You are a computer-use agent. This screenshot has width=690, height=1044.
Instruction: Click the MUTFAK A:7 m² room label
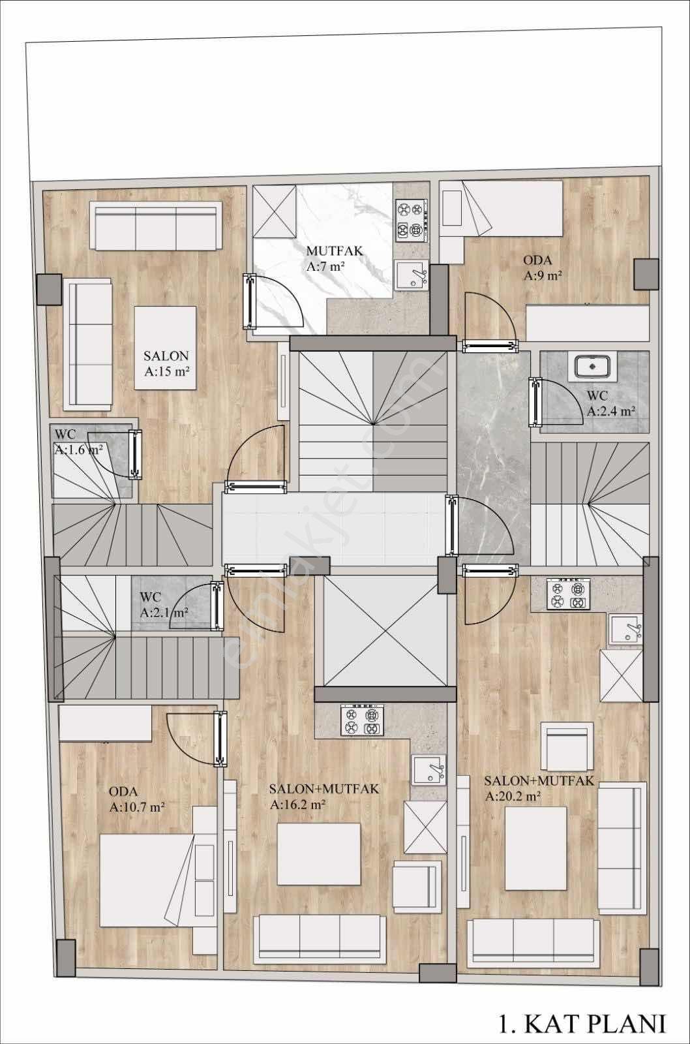coord(333,258)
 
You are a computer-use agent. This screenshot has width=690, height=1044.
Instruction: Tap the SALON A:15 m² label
coord(166,363)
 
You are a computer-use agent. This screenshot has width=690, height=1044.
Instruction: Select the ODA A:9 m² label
coord(543,268)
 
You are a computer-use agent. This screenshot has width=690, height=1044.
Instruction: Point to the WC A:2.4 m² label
coord(611,403)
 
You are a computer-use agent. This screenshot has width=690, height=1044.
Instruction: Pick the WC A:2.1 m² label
coord(164,604)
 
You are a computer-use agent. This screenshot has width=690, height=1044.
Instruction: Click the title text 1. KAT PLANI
coord(583,1024)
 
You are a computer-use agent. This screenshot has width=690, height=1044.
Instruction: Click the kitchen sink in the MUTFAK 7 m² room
coord(412,275)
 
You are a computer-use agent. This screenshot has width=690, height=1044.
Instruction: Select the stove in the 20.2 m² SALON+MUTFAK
coord(568,593)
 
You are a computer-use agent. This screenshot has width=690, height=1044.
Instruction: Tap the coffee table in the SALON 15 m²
coord(166,348)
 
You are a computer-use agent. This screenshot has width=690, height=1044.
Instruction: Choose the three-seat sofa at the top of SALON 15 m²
coord(156,226)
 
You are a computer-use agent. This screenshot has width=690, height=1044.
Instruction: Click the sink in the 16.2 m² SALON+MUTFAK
coord(428,770)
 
